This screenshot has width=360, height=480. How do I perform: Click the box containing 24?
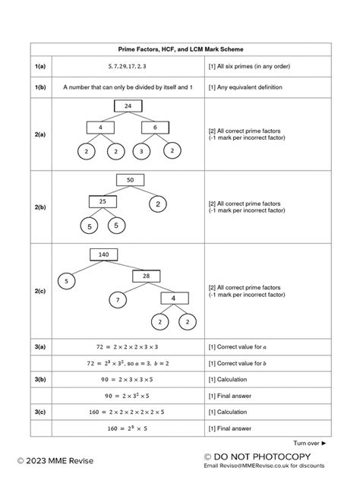click(128, 106)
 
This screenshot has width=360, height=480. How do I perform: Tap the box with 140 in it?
click(104, 254)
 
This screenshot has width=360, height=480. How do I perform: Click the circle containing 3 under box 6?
click(142, 152)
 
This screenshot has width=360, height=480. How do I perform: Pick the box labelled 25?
click(102, 202)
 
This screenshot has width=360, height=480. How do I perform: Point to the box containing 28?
click(146, 276)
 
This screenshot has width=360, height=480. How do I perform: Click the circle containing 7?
click(118, 302)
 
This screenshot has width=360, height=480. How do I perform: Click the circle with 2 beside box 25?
click(158, 204)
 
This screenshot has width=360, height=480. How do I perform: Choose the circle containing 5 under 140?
click(66, 281)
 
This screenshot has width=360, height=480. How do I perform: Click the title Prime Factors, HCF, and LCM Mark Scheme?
click(180, 49)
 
